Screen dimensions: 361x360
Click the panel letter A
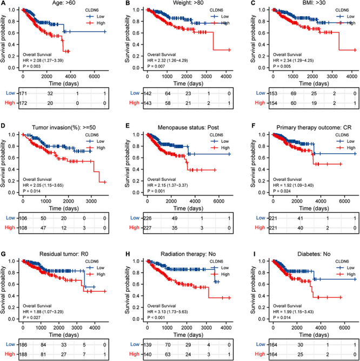point(4,4)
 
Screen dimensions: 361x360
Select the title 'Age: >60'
point(57,4)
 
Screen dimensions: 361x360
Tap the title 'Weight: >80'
point(177,4)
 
